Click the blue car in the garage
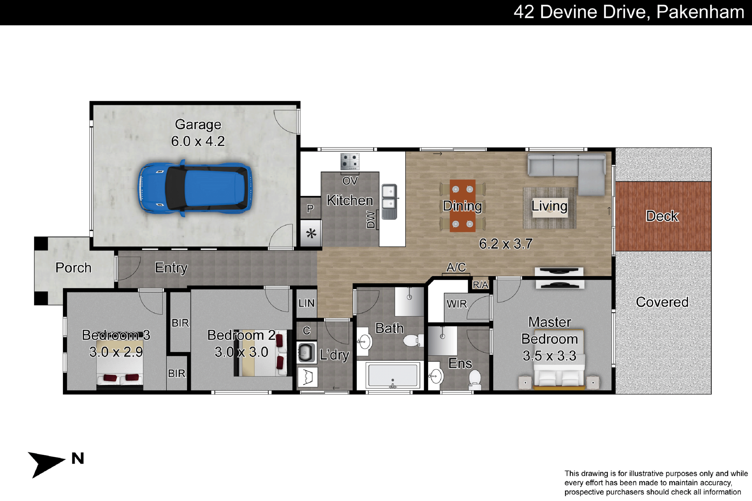(195, 188)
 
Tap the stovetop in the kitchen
(350, 161)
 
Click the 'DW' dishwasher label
(370, 219)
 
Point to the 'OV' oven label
(350, 181)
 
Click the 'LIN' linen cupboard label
(307, 303)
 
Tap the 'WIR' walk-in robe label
(457, 304)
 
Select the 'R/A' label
(481, 285)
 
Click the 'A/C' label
(456, 267)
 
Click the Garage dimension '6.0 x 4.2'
(198, 141)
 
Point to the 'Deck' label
(662, 216)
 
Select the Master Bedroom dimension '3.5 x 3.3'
(550, 356)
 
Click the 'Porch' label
(73, 268)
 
